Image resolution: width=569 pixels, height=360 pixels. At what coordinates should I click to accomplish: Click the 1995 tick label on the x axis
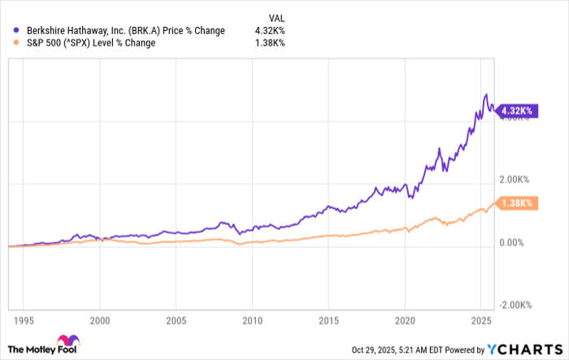[x=24, y=321]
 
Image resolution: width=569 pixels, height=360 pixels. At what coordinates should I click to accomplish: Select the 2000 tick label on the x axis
[x=100, y=321]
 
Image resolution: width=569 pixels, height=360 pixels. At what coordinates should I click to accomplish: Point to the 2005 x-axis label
[x=176, y=321]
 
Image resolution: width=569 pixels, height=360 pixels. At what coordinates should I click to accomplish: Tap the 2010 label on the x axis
[x=253, y=321]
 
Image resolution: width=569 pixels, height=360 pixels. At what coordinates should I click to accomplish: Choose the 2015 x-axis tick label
[x=329, y=321]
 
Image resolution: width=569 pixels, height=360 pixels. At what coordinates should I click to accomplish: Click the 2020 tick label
[x=406, y=321]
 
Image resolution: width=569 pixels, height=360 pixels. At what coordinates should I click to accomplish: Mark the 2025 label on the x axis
[x=482, y=321]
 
